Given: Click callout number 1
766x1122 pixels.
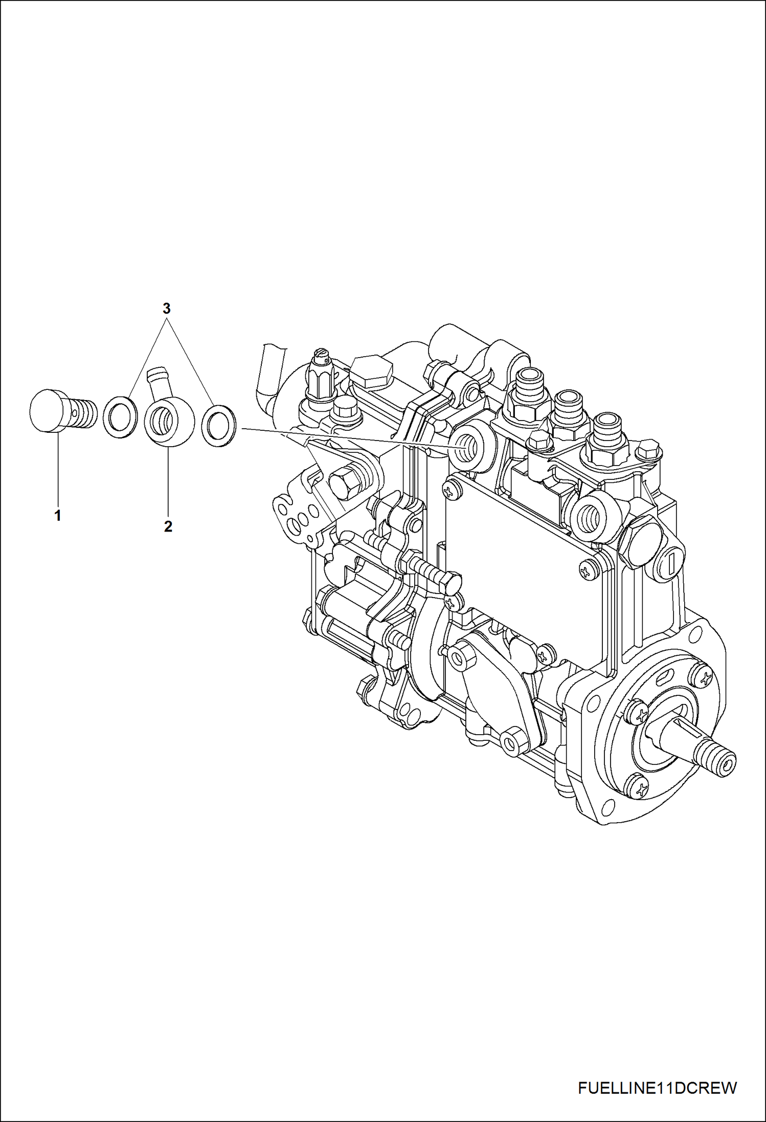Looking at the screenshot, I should pos(58,516).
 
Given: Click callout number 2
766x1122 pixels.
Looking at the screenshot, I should pos(168,526).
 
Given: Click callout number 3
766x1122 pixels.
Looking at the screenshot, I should pos(166,309).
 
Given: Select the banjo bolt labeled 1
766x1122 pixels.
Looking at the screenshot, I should pos(61,411).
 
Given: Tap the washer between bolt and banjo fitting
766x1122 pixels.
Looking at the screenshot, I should pos(121,416).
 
